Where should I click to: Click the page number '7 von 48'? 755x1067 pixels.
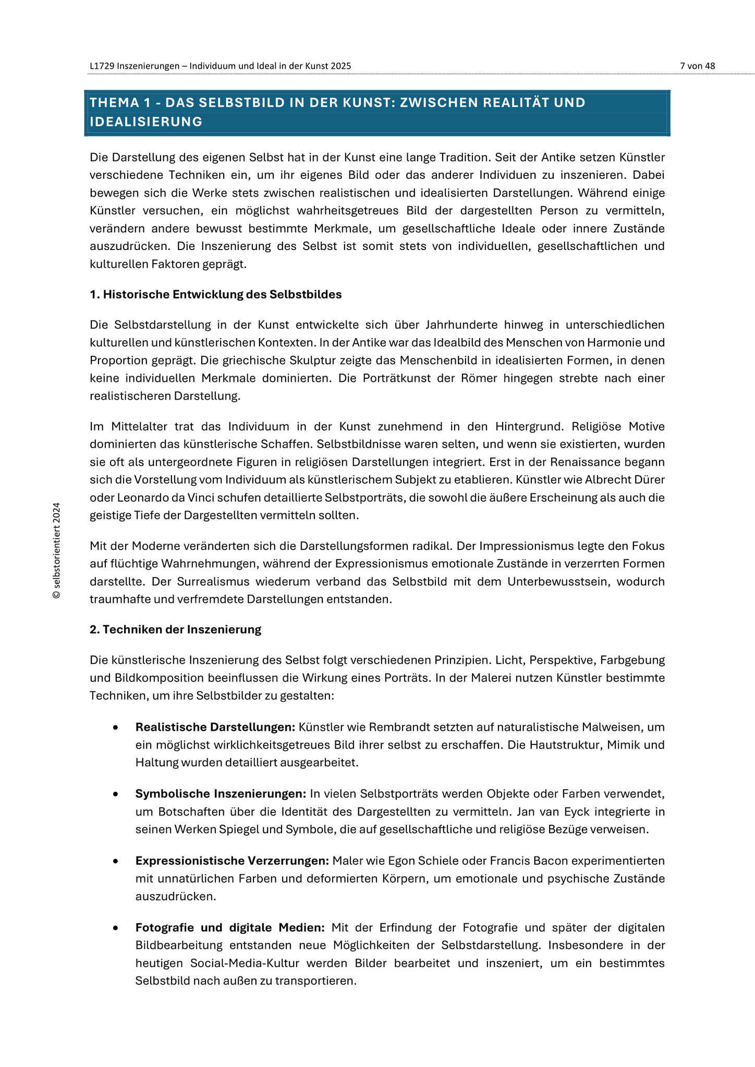[x=697, y=66]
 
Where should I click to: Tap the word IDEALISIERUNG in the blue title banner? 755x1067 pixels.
[x=146, y=122]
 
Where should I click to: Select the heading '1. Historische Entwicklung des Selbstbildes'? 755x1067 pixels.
[x=215, y=294]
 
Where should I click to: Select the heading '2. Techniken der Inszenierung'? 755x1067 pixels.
[x=175, y=629]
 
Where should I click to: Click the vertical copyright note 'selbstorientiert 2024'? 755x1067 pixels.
[x=57, y=550]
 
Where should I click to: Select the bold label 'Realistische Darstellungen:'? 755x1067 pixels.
[x=215, y=727]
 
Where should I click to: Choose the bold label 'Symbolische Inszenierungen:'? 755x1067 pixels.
[x=221, y=793]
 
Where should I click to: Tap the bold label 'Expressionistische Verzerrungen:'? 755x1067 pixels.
[x=232, y=861]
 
